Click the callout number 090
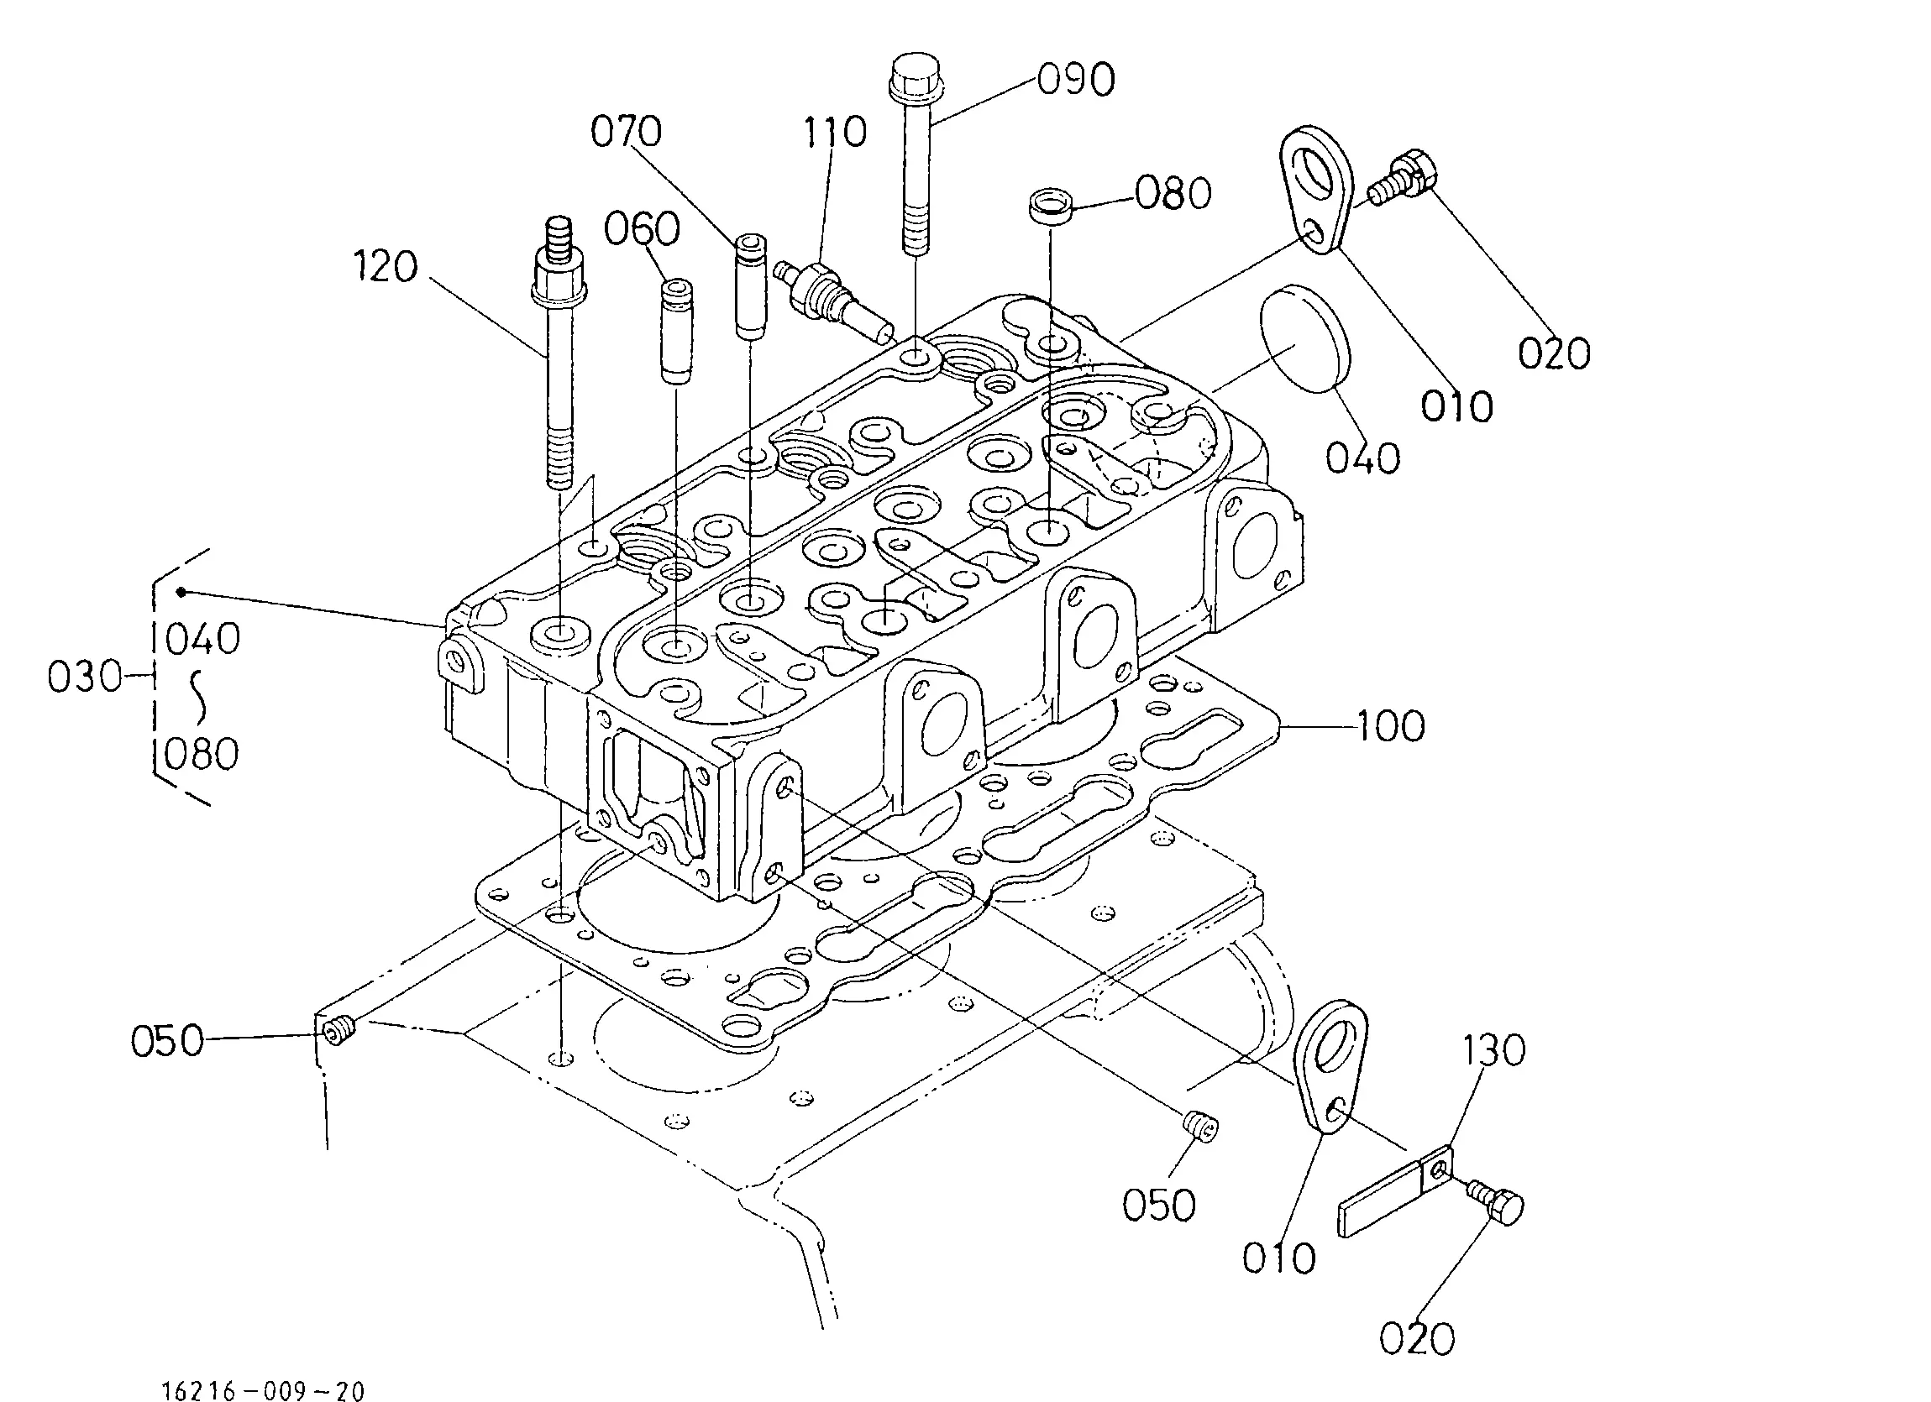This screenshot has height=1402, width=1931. point(1076,80)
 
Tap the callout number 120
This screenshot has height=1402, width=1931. point(386,266)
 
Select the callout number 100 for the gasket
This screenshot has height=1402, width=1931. point(1390,726)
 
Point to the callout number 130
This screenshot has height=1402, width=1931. point(1494,1050)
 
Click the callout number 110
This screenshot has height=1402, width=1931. point(835,132)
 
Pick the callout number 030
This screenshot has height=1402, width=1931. point(85,677)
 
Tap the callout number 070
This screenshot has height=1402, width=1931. point(627,132)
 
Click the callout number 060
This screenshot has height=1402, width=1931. point(642,229)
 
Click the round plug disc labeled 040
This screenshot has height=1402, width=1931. point(1303,338)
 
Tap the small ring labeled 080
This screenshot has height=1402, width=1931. point(1051,207)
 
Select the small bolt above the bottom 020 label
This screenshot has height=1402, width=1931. point(1496,1201)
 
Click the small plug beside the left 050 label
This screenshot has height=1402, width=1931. point(338,1031)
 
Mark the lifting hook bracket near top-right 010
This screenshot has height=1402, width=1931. point(1320,190)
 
